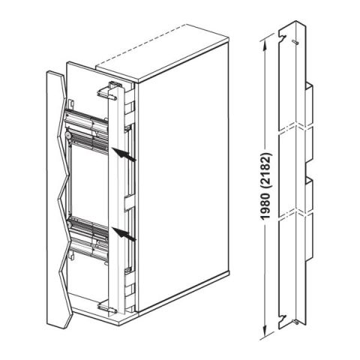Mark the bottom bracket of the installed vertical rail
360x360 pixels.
tap(109, 303)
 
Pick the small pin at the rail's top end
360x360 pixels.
tap(298, 43)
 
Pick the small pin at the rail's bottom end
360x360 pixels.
tap(298, 322)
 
